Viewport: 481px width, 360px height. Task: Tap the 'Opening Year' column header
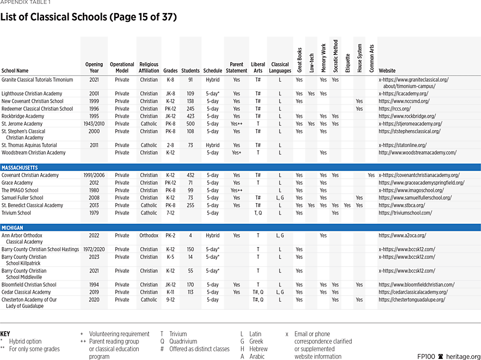coord(94,68)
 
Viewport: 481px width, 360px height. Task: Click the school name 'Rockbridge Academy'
coord(23,116)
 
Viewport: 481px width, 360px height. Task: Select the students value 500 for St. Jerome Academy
coord(190,124)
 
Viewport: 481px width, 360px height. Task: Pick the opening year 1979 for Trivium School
coord(94,213)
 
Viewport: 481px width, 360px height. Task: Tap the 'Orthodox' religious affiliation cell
coord(149,236)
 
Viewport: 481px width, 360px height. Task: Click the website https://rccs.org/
coord(394,108)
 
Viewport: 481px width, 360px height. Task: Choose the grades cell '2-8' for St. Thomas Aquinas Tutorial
coord(170,145)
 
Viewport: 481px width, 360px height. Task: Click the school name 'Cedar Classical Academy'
coord(26,292)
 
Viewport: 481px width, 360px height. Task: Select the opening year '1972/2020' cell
coord(94,249)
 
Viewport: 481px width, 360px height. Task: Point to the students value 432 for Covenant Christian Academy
coord(190,175)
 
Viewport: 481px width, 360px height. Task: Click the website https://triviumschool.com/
coord(405,213)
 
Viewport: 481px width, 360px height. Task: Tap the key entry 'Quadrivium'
coord(184,341)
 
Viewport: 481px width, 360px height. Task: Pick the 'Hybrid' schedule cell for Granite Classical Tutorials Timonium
coord(212,80)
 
